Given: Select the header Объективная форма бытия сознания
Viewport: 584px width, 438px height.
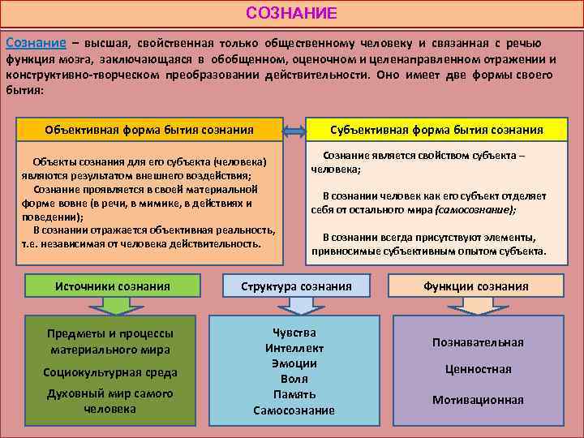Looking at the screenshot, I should [149, 129].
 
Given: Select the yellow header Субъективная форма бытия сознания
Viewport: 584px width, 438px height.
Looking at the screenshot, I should [436, 129].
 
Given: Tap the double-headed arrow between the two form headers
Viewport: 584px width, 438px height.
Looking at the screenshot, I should [294, 130].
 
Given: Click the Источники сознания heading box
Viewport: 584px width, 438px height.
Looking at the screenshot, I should [112, 286].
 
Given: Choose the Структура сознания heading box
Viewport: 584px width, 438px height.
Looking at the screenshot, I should [297, 286].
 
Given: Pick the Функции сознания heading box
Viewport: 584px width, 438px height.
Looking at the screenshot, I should [475, 286].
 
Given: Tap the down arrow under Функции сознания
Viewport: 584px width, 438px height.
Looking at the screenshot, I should [475, 304].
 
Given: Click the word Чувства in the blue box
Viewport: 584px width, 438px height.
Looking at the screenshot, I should [294, 333].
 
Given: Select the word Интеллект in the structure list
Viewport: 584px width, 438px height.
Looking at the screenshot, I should [294, 348].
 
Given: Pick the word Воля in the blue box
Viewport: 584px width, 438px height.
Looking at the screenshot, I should [294, 379].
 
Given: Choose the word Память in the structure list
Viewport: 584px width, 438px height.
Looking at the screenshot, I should [294, 394].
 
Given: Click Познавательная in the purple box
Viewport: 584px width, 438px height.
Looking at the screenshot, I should [478, 342].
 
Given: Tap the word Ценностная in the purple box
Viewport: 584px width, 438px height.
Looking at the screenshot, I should [478, 369].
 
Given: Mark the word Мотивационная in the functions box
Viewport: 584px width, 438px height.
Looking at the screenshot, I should [478, 400].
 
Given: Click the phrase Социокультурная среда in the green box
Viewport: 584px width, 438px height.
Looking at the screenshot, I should [110, 371].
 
